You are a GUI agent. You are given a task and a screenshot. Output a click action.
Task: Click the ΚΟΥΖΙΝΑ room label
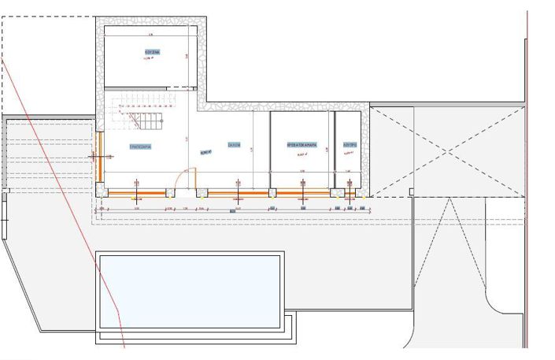click(x=152, y=53)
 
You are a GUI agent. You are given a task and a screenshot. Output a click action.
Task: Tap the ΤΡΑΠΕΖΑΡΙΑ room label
click(x=140, y=147)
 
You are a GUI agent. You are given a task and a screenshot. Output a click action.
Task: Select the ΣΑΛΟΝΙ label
click(x=234, y=145)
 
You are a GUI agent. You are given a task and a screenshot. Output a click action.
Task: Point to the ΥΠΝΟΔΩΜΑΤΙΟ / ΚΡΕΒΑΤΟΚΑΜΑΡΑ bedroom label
click(x=302, y=146)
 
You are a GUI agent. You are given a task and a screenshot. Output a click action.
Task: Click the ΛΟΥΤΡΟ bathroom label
click(x=350, y=146)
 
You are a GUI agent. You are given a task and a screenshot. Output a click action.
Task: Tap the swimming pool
click(x=189, y=291)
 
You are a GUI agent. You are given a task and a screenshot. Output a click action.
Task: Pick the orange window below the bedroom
click(x=302, y=191)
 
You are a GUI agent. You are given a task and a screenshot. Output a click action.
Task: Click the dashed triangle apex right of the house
click(x=448, y=200)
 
